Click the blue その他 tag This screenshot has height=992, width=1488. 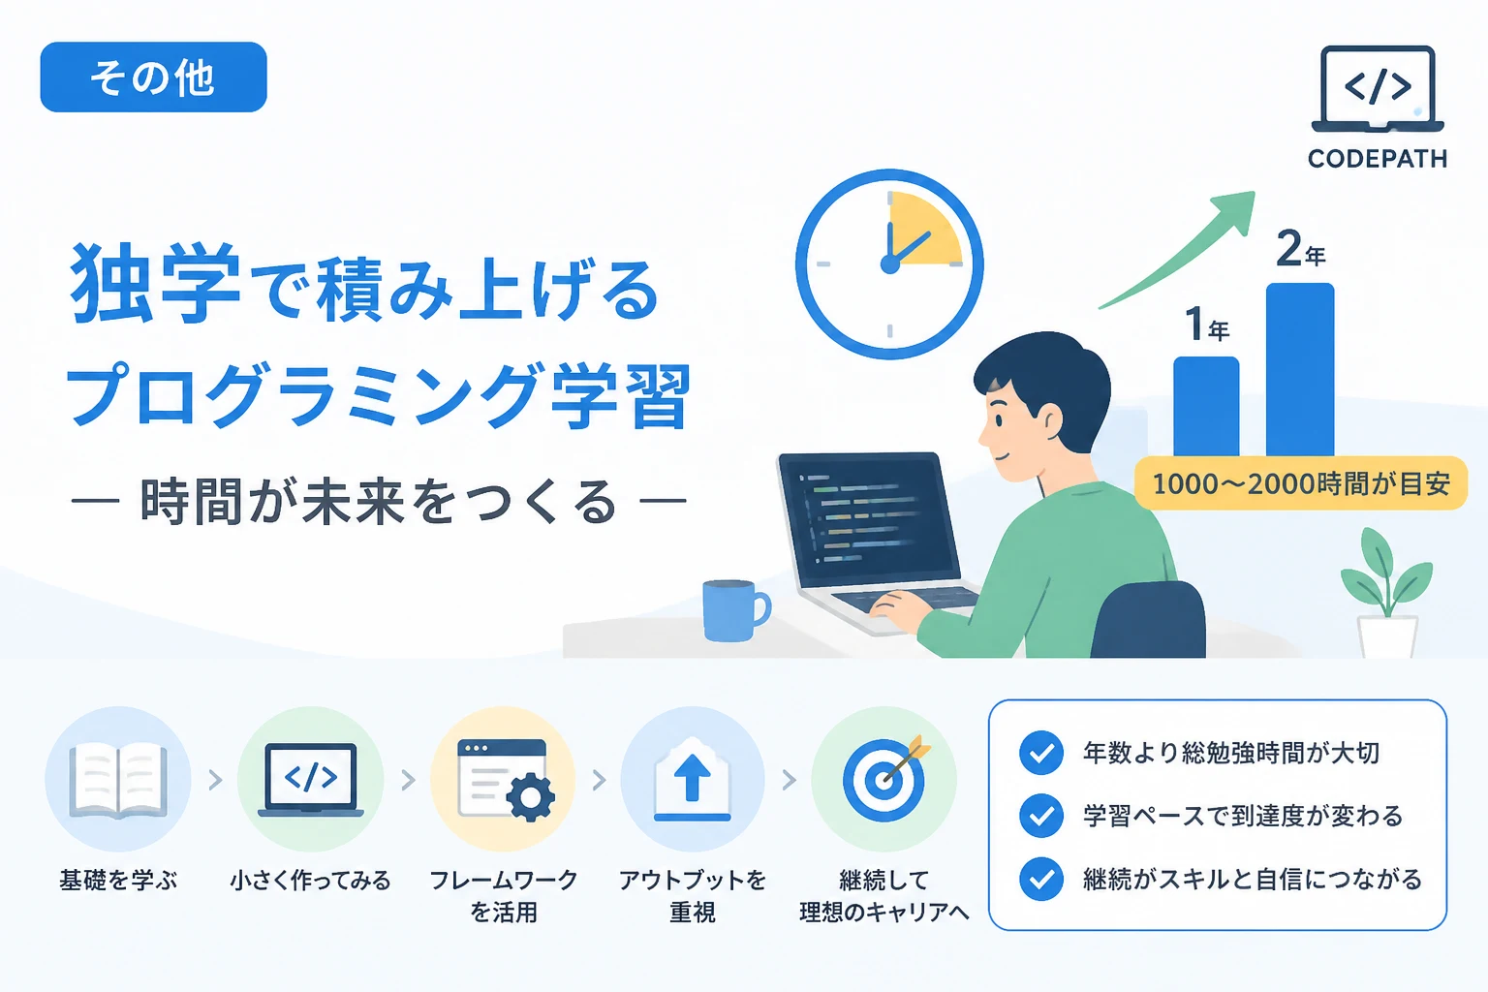pos(153,77)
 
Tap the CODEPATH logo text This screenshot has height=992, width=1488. pos(1377,159)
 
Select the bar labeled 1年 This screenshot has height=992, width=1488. pos(1206,407)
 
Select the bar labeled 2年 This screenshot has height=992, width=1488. pos(1300,370)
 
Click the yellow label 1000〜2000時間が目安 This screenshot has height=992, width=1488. pos(1300,483)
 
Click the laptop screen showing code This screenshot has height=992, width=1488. pos(869,517)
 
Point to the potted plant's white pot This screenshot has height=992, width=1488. pos(1387,636)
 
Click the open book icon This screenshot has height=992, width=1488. pos(118,780)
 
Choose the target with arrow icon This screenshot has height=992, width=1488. pos(884,777)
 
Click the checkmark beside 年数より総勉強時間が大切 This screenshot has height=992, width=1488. pos(1041,753)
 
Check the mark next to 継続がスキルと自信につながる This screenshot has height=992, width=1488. pos(1041,879)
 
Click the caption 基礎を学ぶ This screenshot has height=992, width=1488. pos(118,881)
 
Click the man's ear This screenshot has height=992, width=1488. pos(1048,419)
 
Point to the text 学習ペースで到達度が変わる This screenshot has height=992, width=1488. pos(1242,816)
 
